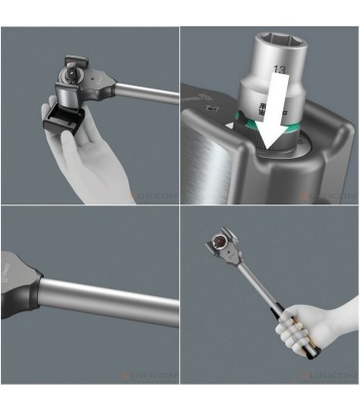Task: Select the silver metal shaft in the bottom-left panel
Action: point(117,303)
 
